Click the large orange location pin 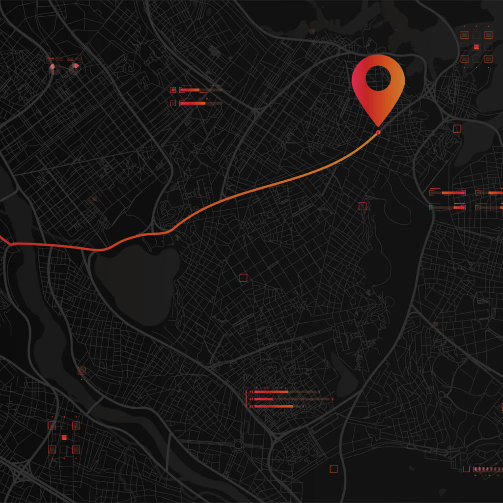pos(378,106)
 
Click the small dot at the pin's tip pos(378,133)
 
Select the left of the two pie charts pos(55,69)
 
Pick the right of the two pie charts pos(74,69)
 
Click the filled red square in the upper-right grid pos(476,47)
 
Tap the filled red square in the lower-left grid pos(64,437)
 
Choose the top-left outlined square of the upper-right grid pos(464,35)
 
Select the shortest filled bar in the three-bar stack pos(264,399)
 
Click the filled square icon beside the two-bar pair pos(173,90)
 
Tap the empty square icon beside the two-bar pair pos(173,103)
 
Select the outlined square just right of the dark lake pos(243,278)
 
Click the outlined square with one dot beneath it pos(82,371)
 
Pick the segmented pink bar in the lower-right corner pos(487,470)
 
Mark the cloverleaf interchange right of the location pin pos(431,91)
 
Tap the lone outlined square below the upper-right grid pos(457,128)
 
